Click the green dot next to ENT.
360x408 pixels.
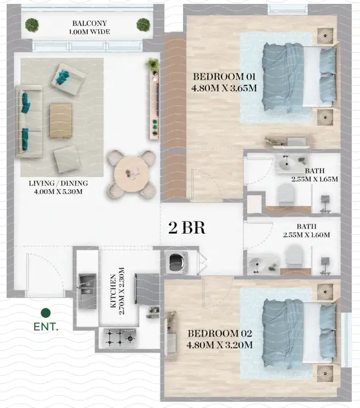pyautogui.click(x=46, y=313)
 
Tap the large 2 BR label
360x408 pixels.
pyautogui.click(x=187, y=228)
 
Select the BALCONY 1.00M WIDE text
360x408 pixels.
pyautogui.click(x=90, y=27)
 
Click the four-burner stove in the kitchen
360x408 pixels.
pyautogui.click(x=119, y=336)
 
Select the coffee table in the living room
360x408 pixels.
pyautogui.click(x=60, y=121)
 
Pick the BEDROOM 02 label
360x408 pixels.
pyautogui.click(x=220, y=333)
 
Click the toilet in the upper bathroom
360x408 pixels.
pyautogui.click(x=286, y=194)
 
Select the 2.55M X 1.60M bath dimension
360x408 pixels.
pyautogui.click(x=307, y=235)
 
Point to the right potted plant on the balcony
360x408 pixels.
pyautogui.click(x=143, y=24)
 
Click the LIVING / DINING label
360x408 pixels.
pyautogui.click(x=58, y=183)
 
